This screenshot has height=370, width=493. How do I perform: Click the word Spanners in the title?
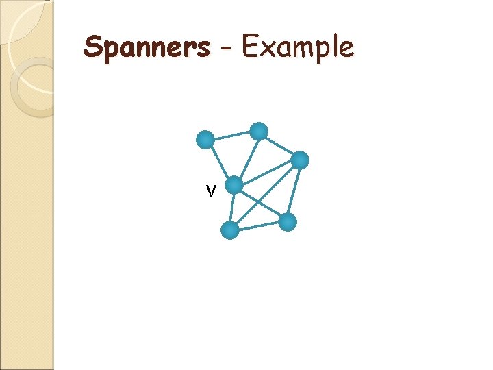coord(147,48)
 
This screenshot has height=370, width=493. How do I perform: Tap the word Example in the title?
coord(298,48)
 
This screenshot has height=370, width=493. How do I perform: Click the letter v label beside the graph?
coord(212,190)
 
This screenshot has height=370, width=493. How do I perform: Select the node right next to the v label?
coord(234,185)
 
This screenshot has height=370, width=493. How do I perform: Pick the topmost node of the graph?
coord(258,131)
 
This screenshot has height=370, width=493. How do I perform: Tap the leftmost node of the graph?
coord(205,140)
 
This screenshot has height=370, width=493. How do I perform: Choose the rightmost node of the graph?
coord(300,160)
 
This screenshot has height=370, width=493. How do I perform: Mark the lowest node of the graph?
coord(231,230)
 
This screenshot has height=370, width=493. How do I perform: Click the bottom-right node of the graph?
coord(288,221)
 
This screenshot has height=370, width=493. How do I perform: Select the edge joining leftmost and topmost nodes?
coord(231,136)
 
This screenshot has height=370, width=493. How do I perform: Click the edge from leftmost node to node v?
coord(219,162)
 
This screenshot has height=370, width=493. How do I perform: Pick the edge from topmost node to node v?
coord(246,158)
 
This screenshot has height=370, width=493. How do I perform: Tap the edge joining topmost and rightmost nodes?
coord(279,146)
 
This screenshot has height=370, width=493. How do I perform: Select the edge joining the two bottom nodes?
coord(259,226)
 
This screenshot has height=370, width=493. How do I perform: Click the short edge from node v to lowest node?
coord(233,207)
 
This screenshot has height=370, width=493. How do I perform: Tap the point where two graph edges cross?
coord(258,202)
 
